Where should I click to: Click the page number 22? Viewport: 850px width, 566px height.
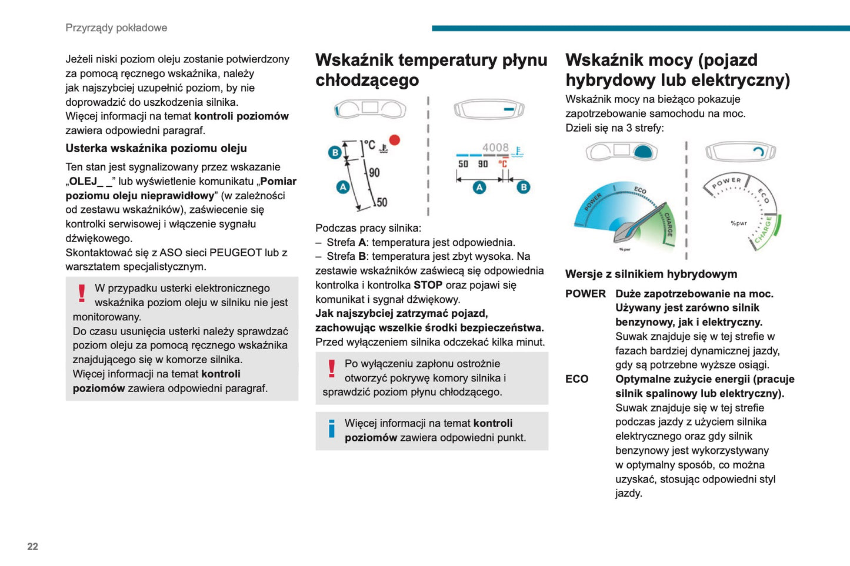pyautogui.click(x=32, y=547)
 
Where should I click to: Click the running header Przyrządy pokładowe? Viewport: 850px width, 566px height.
pyautogui.click(x=116, y=28)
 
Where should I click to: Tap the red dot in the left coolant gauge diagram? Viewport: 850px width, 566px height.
pyautogui.click(x=395, y=140)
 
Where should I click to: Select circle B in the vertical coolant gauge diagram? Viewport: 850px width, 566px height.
pyautogui.click(x=335, y=153)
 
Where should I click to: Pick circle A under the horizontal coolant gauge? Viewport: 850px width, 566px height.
pyautogui.click(x=479, y=187)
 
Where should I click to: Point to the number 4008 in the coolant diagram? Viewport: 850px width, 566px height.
pyautogui.click(x=495, y=148)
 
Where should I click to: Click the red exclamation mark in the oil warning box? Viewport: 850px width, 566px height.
pyautogui.click(x=82, y=293)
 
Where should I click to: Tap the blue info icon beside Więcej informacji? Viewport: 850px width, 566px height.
pyautogui.click(x=332, y=428)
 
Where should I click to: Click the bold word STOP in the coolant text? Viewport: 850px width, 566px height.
pyautogui.click(x=428, y=285)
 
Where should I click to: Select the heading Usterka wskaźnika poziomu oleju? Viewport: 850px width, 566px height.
pyautogui.click(x=156, y=148)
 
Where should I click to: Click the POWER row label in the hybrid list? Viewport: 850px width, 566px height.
pyautogui.click(x=585, y=294)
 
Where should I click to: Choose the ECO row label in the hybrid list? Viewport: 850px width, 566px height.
pyautogui.click(x=576, y=379)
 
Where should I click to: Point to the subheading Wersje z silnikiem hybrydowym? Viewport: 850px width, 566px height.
pyautogui.click(x=651, y=274)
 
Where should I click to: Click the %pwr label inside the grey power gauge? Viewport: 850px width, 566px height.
pyautogui.click(x=738, y=223)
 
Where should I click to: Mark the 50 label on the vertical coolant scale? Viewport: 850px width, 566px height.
pyautogui.click(x=382, y=202)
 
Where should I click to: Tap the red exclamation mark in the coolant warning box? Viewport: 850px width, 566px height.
pyautogui.click(x=332, y=369)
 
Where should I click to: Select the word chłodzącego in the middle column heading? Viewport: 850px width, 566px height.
pyautogui.click(x=367, y=80)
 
